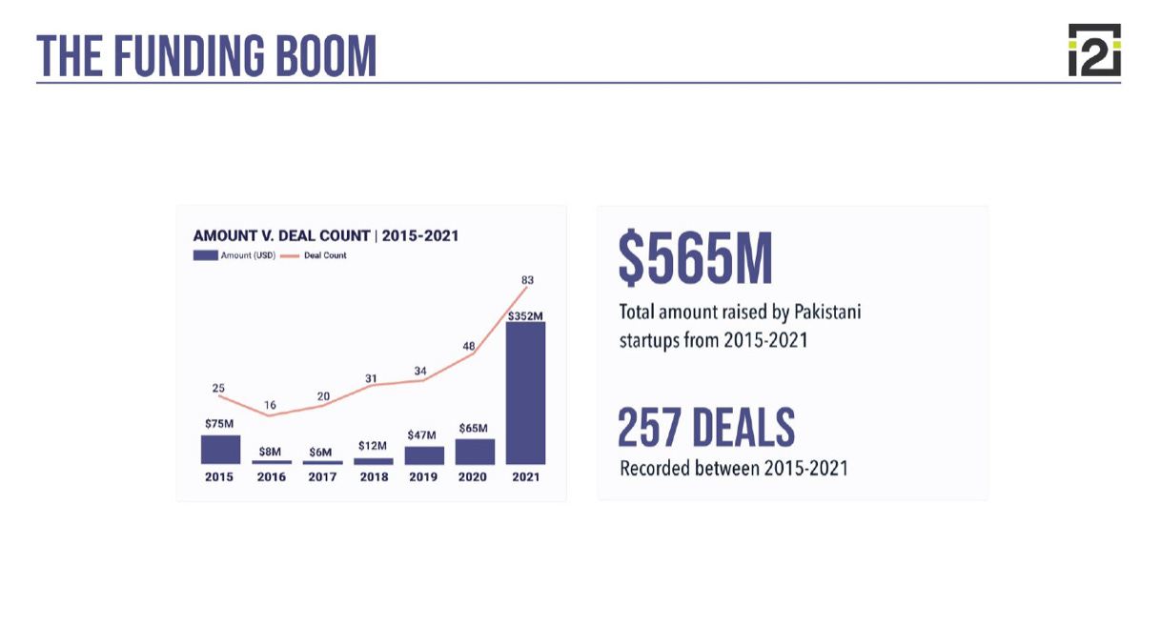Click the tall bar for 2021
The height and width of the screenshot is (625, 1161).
pyautogui.click(x=525, y=393)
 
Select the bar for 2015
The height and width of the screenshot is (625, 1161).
pyautogui.click(x=220, y=450)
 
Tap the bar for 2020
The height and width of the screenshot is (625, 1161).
pyautogui.click(x=475, y=452)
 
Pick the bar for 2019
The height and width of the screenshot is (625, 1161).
pyautogui.click(x=424, y=455)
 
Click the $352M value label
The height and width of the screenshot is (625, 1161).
pyautogui.click(x=525, y=315)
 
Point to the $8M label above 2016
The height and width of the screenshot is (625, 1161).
pyautogui.click(x=270, y=452)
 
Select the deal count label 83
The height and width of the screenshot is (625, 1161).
pyautogui.click(x=527, y=280)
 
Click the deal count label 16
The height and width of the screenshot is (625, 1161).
pyautogui.click(x=270, y=405)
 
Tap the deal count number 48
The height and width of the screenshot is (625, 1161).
pyautogui.click(x=469, y=347)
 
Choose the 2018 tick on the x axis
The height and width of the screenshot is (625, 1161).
pyautogui.click(x=374, y=477)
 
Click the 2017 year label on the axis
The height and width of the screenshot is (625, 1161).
pyautogui.click(x=322, y=477)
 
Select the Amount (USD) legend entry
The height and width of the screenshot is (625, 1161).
pyautogui.click(x=234, y=255)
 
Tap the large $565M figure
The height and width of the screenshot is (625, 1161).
pyautogui.click(x=695, y=258)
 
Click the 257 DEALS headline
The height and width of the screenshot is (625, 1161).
pyautogui.click(x=706, y=428)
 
